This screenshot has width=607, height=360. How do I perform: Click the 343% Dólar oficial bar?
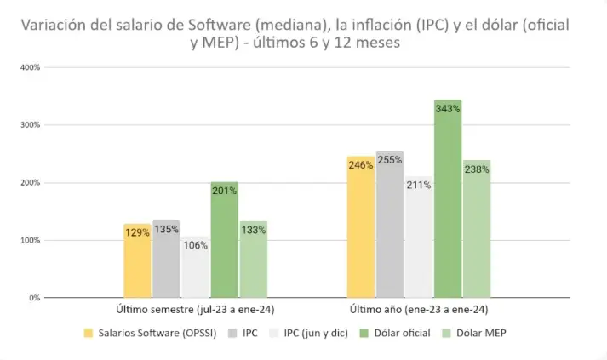[447, 204]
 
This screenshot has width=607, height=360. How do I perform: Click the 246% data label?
[360, 165]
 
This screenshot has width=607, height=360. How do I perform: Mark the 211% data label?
[418, 185]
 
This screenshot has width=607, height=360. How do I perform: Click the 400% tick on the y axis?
[31, 66]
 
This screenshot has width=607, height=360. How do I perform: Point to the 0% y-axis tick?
[35, 298]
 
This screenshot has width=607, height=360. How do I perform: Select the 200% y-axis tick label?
[31, 182]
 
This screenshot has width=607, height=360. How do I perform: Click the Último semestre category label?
[195, 309]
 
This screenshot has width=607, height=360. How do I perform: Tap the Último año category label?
[418, 309]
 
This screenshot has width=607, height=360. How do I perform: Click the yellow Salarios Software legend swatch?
[88, 333]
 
